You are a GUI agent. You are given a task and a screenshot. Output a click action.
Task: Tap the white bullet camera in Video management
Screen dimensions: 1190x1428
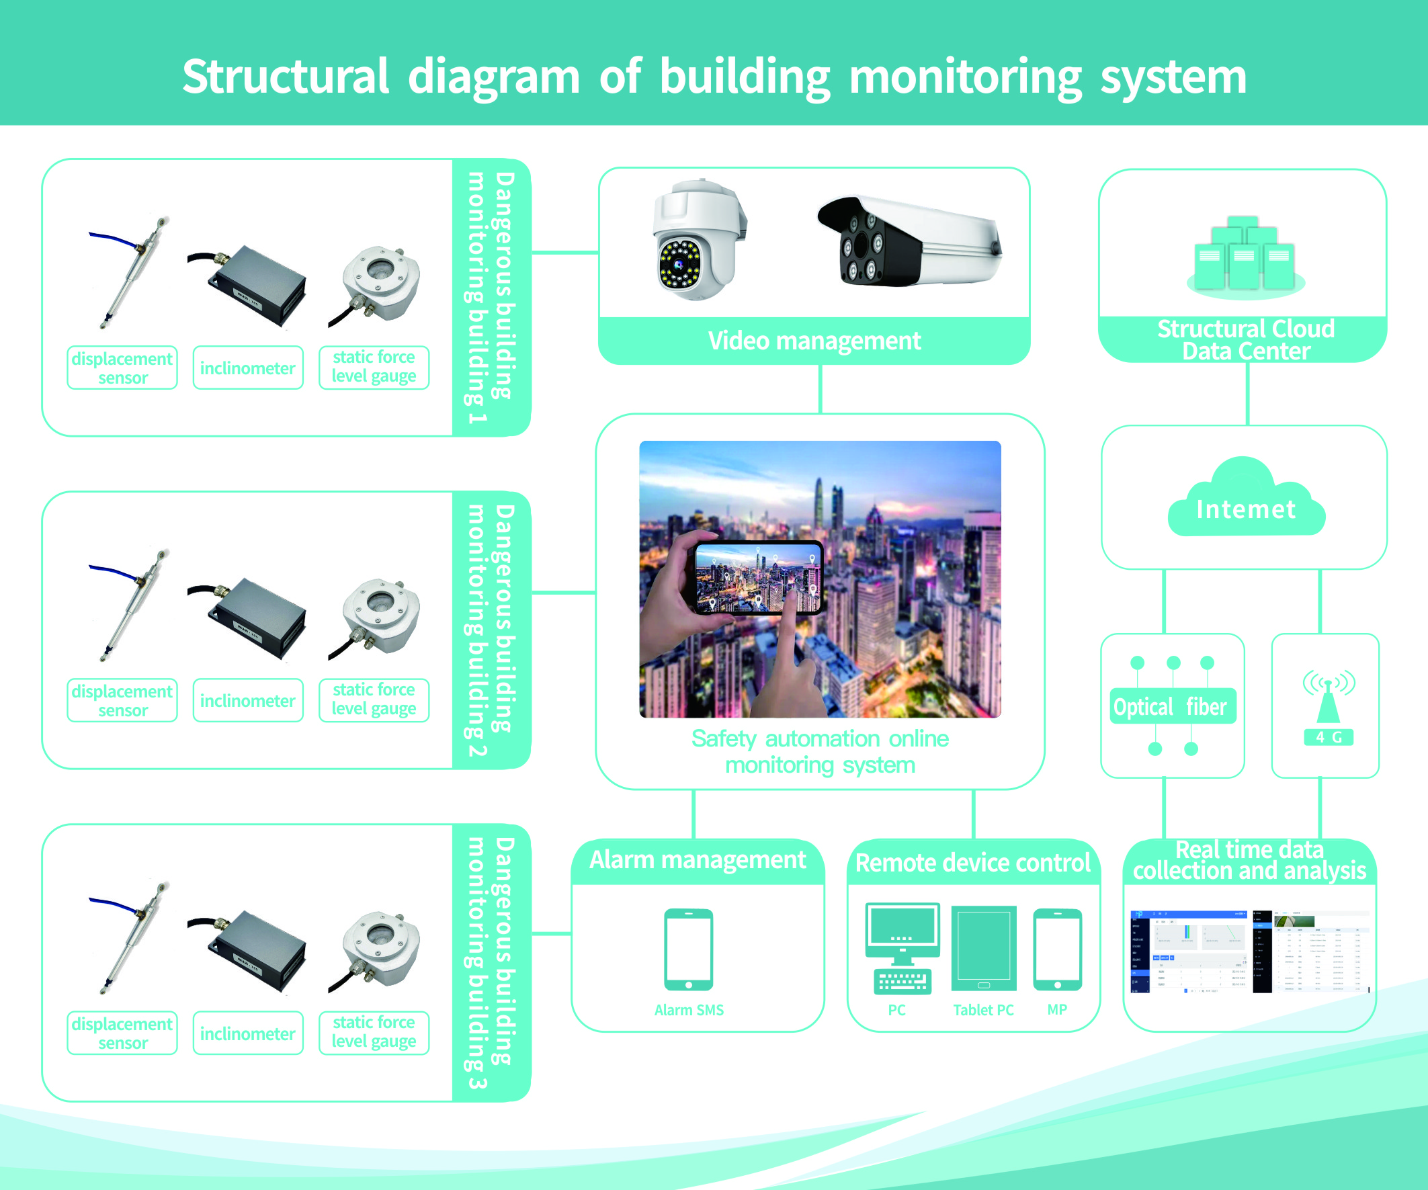908,241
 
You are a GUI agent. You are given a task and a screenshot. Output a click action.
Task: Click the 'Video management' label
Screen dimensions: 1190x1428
814,341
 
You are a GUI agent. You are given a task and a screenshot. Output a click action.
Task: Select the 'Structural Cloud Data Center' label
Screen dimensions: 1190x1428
1246,339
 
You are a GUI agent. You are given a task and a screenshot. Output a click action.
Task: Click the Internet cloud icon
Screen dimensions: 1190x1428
1246,501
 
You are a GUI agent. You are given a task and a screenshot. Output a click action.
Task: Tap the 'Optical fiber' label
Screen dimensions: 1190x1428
1169,707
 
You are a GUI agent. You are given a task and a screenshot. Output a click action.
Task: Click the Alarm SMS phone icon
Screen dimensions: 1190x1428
688,949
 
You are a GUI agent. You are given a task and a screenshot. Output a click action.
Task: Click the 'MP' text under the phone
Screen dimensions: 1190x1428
1056,1010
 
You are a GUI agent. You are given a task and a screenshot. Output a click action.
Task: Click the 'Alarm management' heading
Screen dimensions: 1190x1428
697,860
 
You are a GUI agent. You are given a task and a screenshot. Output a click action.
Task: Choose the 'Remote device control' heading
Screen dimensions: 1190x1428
972,863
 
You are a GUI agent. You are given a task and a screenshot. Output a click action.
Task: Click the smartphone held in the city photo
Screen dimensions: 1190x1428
757,578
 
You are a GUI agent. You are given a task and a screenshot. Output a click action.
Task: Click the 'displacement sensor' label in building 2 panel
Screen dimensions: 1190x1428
122,700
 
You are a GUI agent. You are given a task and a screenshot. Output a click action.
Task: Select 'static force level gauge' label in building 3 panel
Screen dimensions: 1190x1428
374,1032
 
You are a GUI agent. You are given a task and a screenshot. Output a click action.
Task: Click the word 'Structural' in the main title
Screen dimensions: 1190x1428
286,76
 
